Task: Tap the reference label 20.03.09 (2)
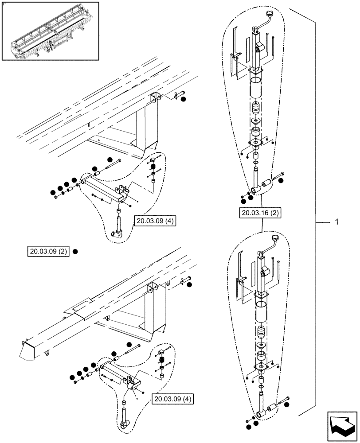(48, 252)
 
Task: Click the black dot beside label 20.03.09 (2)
(75, 252)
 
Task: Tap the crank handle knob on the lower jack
(275, 239)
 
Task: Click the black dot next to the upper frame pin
(184, 99)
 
